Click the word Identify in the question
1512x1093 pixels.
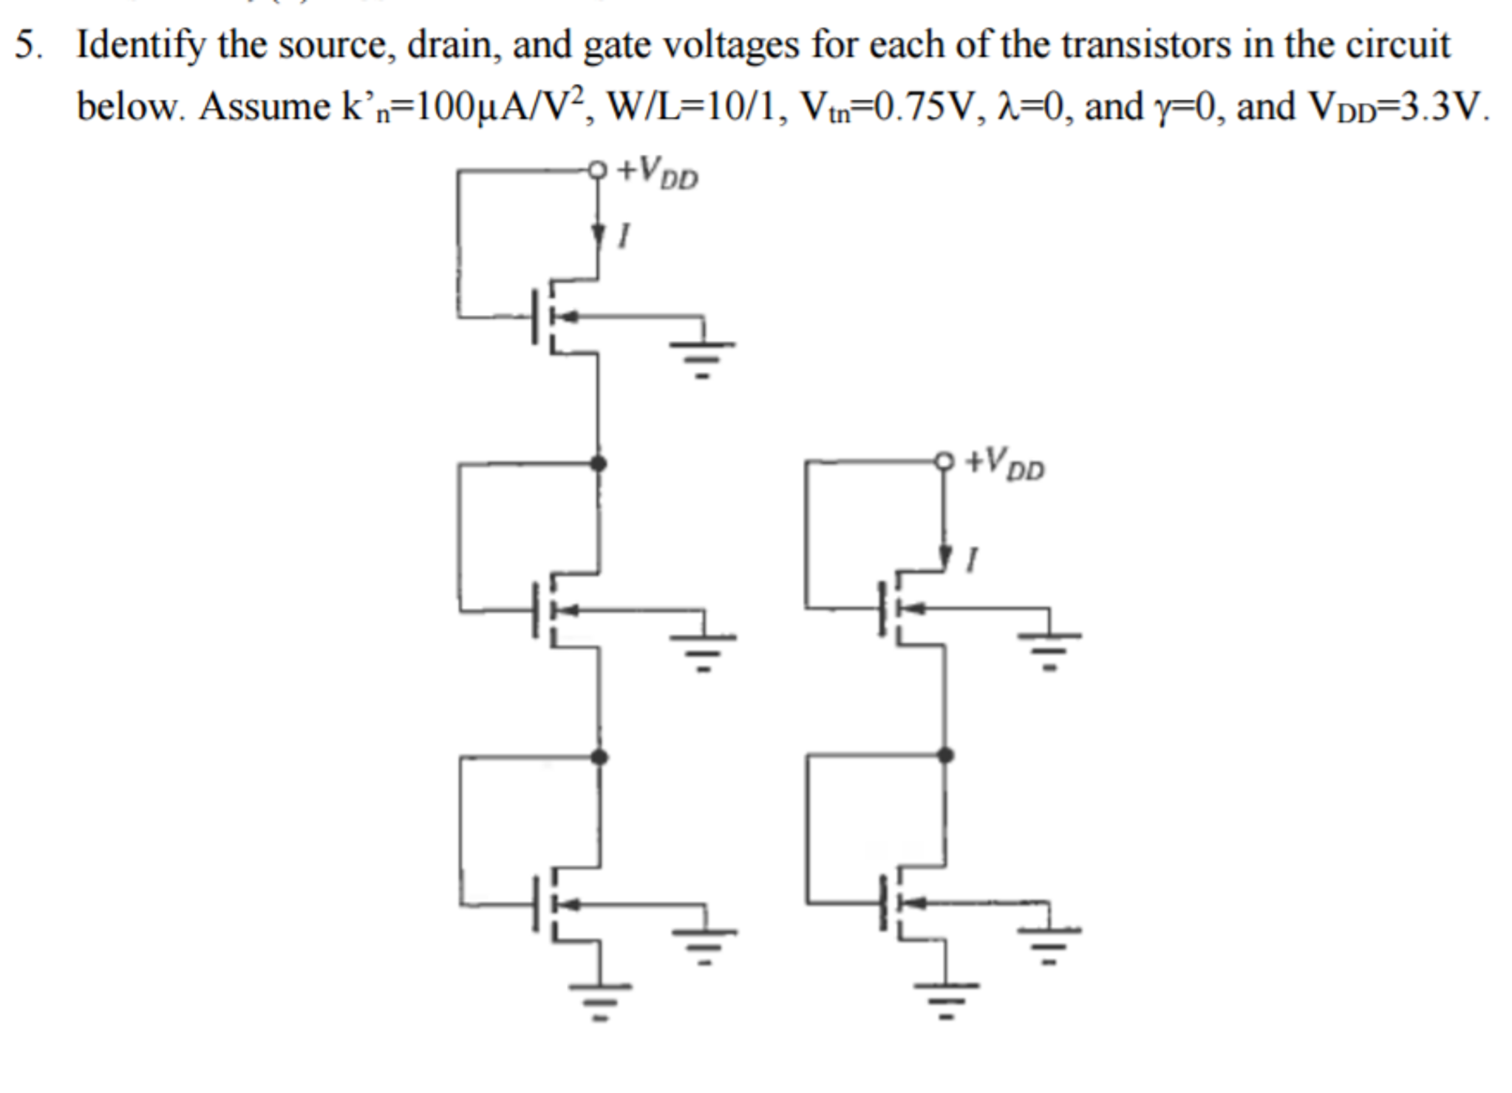(x=140, y=46)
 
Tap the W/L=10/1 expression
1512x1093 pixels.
(x=695, y=108)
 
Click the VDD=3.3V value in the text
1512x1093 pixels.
(x=1397, y=108)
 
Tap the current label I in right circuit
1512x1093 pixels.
(x=972, y=559)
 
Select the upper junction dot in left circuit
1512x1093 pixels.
(x=599, y=463)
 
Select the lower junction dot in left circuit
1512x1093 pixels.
(x=599, y=756)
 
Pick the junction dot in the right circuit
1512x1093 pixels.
(x=945, y=755)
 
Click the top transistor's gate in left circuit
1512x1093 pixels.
(x=534, y=317)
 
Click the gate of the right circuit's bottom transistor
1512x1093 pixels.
(x=882, y=902)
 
